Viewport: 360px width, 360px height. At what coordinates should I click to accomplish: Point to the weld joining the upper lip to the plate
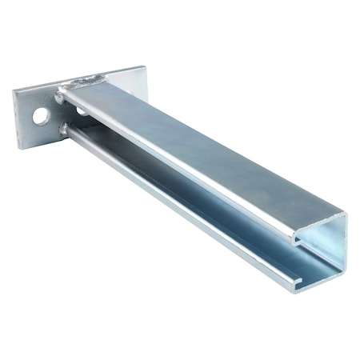60,98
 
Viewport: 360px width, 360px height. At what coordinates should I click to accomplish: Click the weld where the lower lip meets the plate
63,127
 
